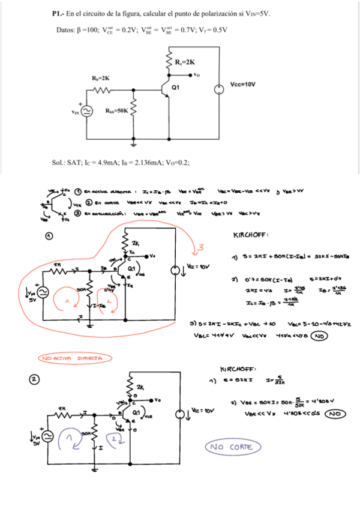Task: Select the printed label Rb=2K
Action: [x=100, y=78]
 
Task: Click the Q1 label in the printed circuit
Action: [x=175, y=87]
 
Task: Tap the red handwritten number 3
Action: [x=202, y=248]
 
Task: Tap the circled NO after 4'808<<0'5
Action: [x=337, y=414]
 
